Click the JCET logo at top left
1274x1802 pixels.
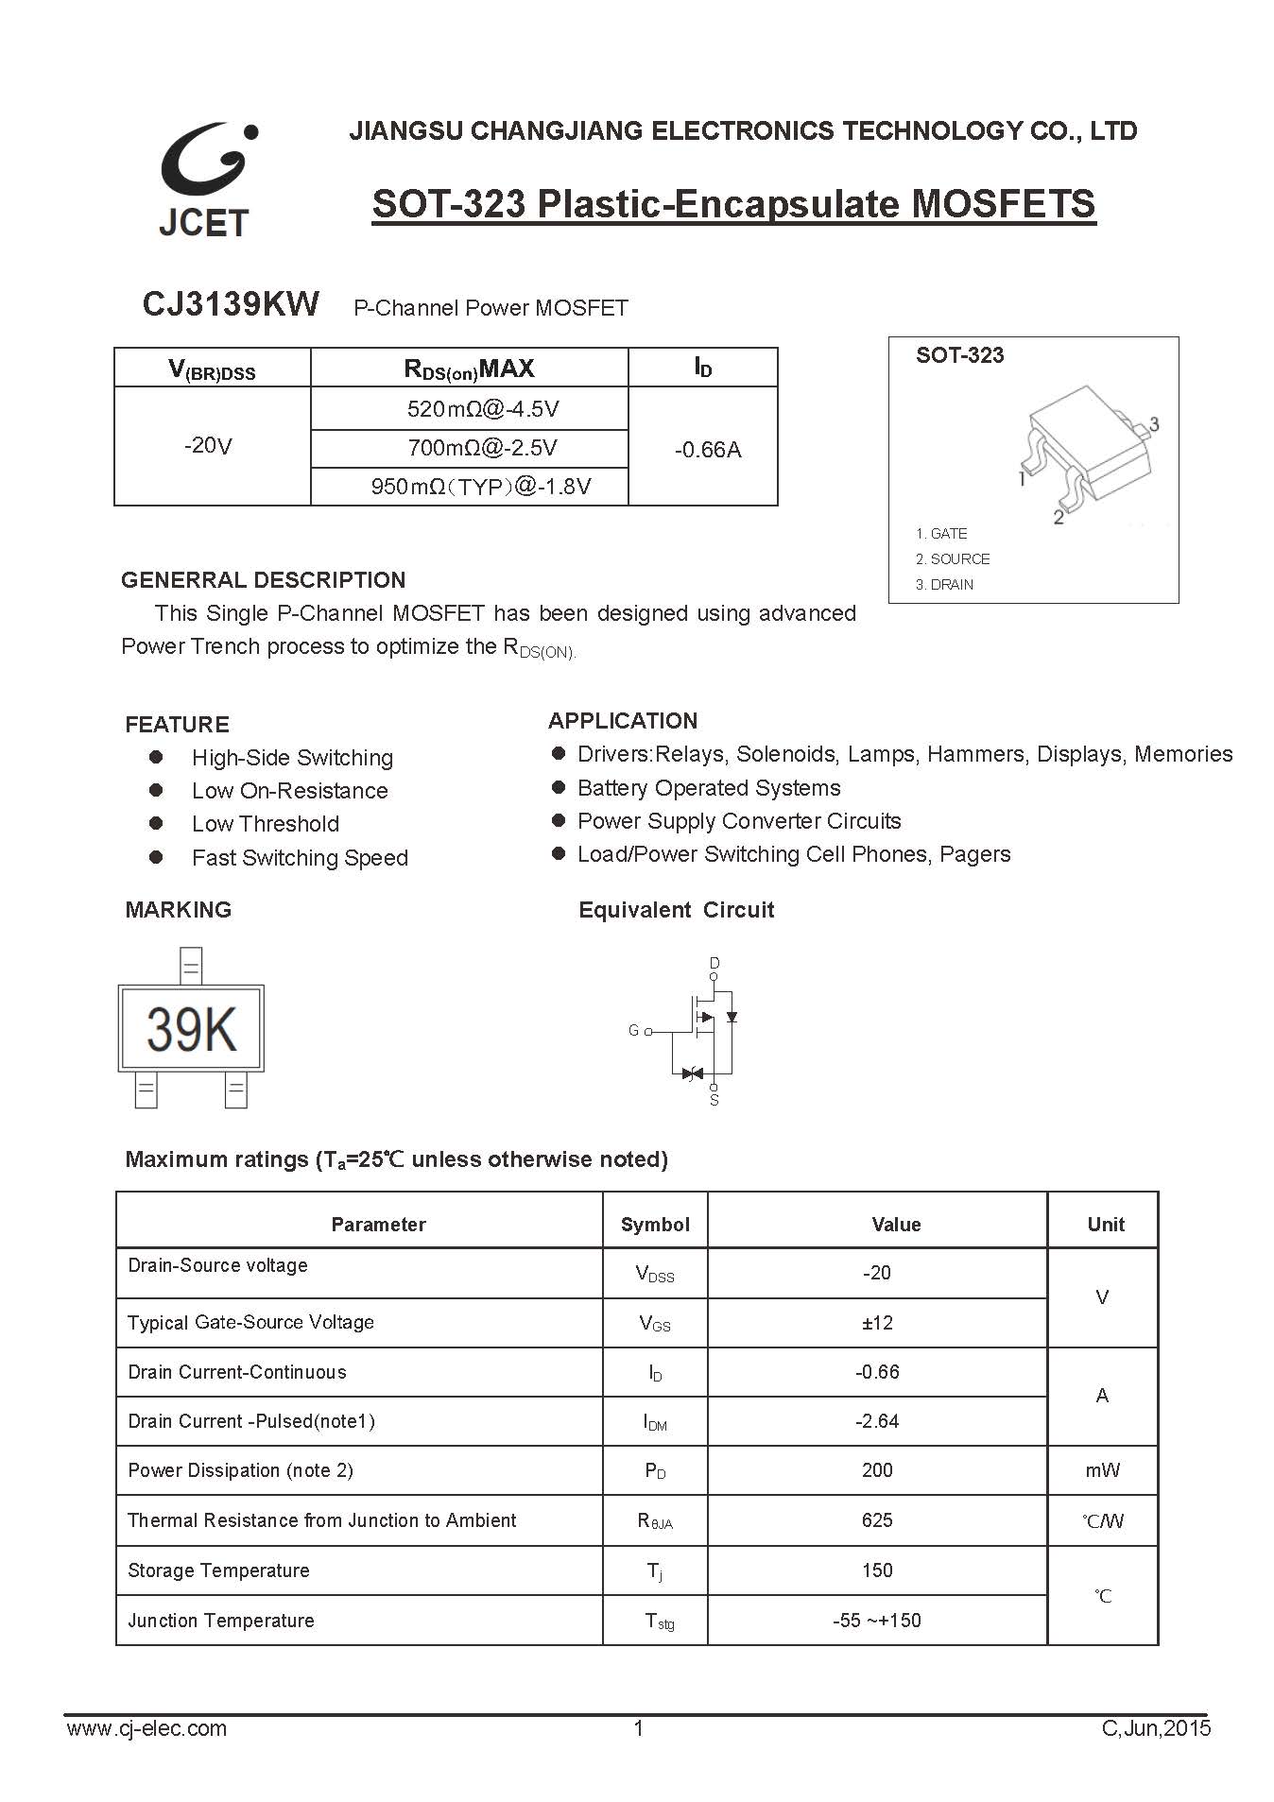click(206, 179)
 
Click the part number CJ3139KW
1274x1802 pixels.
click(231, 304)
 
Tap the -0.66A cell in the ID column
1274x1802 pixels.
click(707, 450)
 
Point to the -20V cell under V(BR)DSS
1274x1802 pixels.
click(208, 445)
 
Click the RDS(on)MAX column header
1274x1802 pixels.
click(469, 369)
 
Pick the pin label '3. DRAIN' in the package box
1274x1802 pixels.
click(944, 585)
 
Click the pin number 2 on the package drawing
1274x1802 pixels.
click(1059, 517)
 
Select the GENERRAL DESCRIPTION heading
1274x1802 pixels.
click(263, 580)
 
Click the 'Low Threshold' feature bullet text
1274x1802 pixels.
click(265, 824)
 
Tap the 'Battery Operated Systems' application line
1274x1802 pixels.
click(708, 788)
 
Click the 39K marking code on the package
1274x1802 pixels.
click(192, 1029)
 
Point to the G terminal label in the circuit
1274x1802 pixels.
click(633, 1031)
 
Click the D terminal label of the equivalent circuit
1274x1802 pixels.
click(714, 963)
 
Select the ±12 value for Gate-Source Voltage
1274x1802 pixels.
click(877, 1323)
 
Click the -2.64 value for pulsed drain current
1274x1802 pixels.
click(877, 1421)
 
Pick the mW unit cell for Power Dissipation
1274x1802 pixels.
click(1102, 1470)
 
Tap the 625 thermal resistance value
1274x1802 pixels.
click(877, 1520)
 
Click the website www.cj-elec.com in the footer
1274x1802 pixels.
click(146, 1729)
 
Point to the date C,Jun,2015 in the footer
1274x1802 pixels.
click(1156, 1729)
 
